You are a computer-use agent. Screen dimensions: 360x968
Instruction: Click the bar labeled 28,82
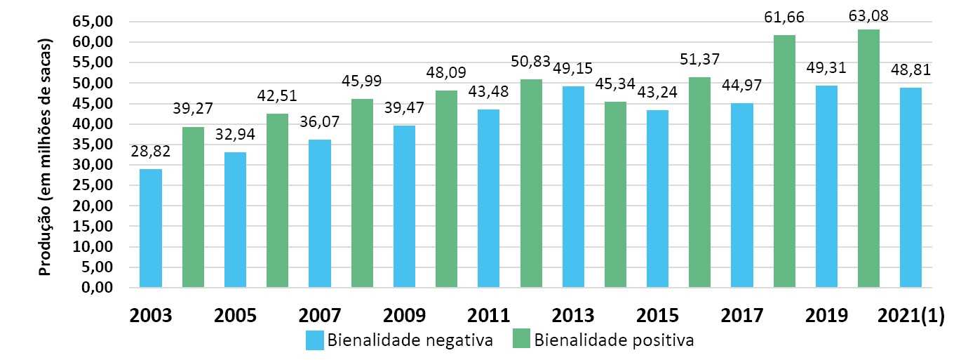pos(151,228)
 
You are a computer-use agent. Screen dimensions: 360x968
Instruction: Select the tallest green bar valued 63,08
pos(868,159)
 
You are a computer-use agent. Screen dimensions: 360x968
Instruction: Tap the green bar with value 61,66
pos(784,161)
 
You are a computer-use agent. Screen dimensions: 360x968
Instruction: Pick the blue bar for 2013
pos(573,187)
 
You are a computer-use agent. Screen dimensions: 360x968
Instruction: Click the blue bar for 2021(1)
pos(910,187)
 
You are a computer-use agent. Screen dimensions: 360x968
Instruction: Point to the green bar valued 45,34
pos(615,194)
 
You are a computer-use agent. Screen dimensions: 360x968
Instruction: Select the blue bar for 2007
pos(320,213)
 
